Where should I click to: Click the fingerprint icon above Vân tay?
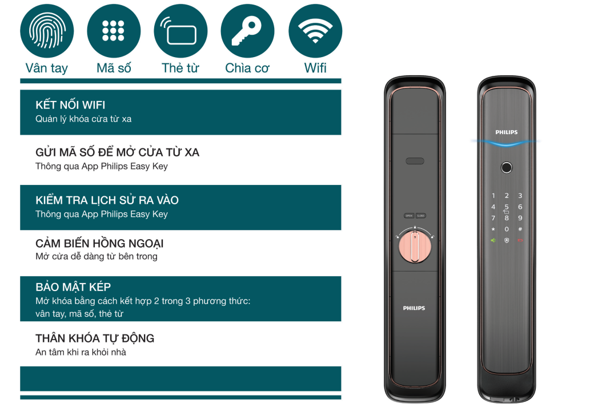tap(47, 31)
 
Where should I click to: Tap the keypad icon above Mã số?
tap(113, 31)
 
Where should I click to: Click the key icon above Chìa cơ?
tap(247, 31)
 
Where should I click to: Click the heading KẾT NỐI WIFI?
tap(70, 105)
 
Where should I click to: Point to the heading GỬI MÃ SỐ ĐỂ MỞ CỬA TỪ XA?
tap(118, 152)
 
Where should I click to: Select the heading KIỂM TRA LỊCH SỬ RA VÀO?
tap(107, 200)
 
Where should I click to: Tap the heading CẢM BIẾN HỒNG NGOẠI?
tap(99, 244)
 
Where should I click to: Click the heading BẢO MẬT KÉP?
tap(73, 287)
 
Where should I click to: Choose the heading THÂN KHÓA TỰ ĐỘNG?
tap(95, 338)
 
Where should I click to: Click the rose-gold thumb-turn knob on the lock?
tap(415, 247)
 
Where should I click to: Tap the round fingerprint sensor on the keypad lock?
tap(507, 168)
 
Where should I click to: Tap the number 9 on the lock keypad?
tap(520, 218)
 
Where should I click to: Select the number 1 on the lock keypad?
tap(493, 196)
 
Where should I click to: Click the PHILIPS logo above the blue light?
tap(507, 132)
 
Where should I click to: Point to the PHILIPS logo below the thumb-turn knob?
tap(414, 308)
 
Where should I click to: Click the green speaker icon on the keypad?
tap(493, 240)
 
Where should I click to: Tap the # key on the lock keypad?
tap(520, 229)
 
